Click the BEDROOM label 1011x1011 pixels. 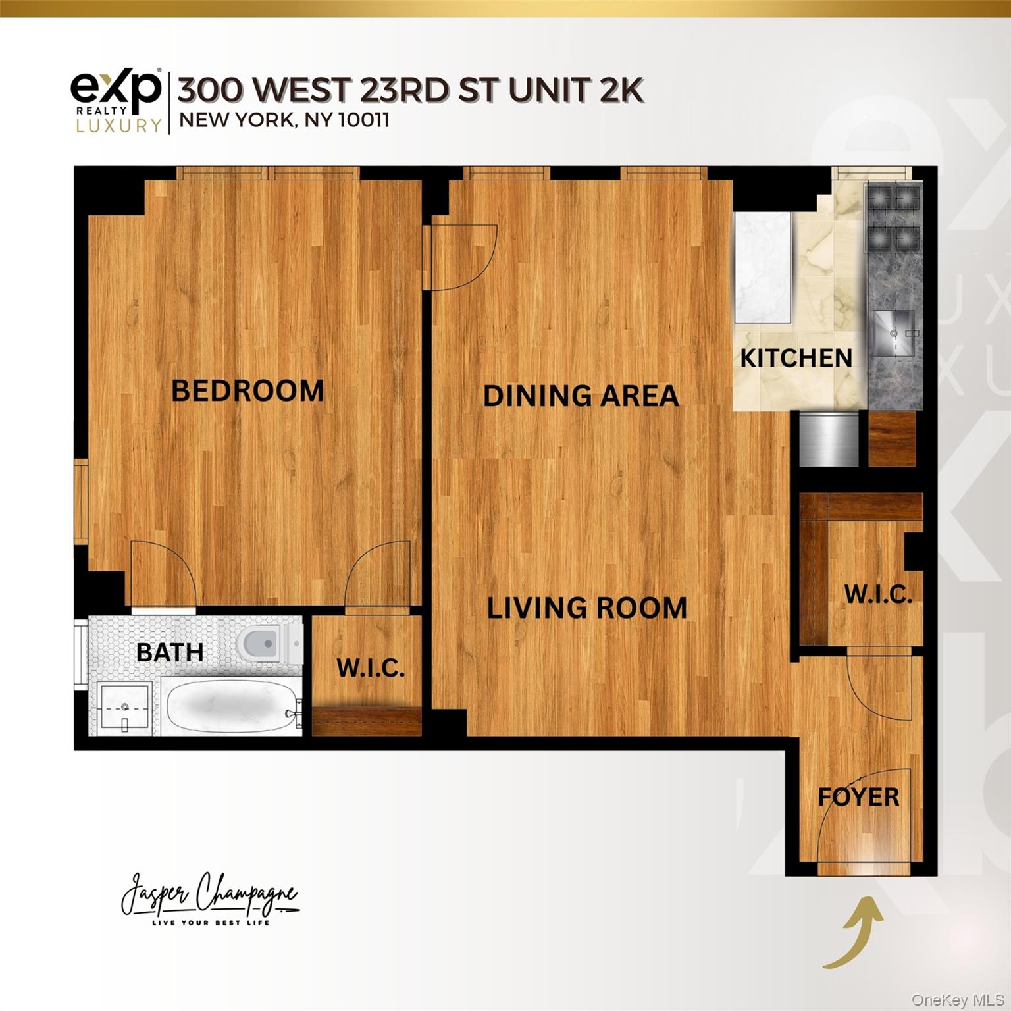247,391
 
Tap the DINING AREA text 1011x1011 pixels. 581,396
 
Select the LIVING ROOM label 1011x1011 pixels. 586,608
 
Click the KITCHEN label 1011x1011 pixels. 796,358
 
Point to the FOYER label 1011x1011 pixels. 858,797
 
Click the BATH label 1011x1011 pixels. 170,652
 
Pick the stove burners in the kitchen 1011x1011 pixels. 893,218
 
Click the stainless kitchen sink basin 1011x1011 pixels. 894,333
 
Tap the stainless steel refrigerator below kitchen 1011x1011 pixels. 829,438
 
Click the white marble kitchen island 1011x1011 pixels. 762,267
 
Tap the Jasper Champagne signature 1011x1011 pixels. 209,897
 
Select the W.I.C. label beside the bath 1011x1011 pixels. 371,668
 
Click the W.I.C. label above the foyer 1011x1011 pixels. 878,594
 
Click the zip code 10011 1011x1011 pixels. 364,120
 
